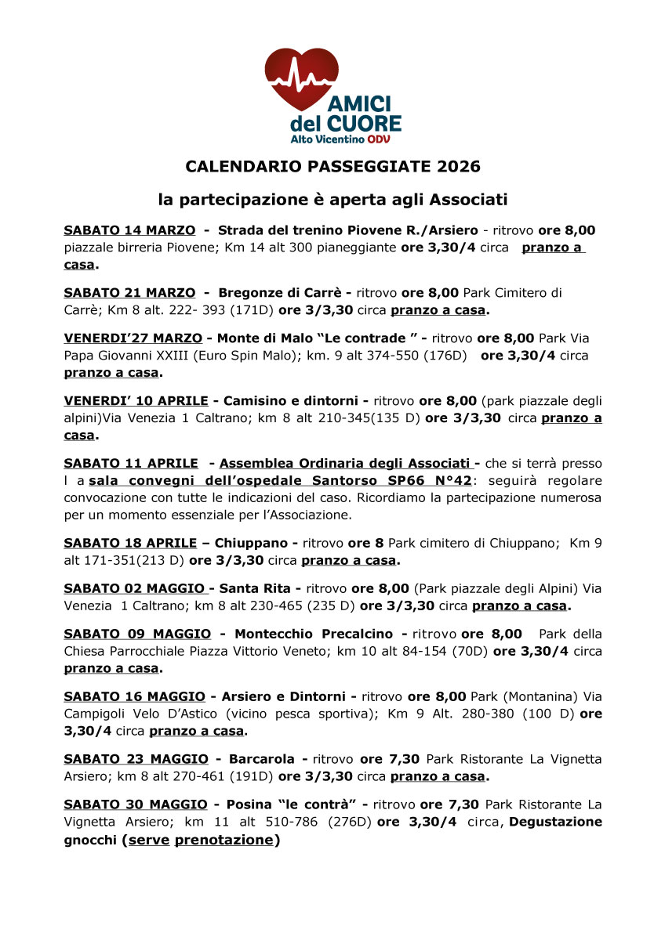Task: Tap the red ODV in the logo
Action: [x=378, y=139]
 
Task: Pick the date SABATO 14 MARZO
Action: [x=129, y=230]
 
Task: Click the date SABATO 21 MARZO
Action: [x=129, y=292]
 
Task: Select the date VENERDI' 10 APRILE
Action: [x=136, y=401]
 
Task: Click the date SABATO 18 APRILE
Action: [x=130, y=542]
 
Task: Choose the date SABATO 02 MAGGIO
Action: [x=134, y=587]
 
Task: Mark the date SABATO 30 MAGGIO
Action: [x=136, y=804]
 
